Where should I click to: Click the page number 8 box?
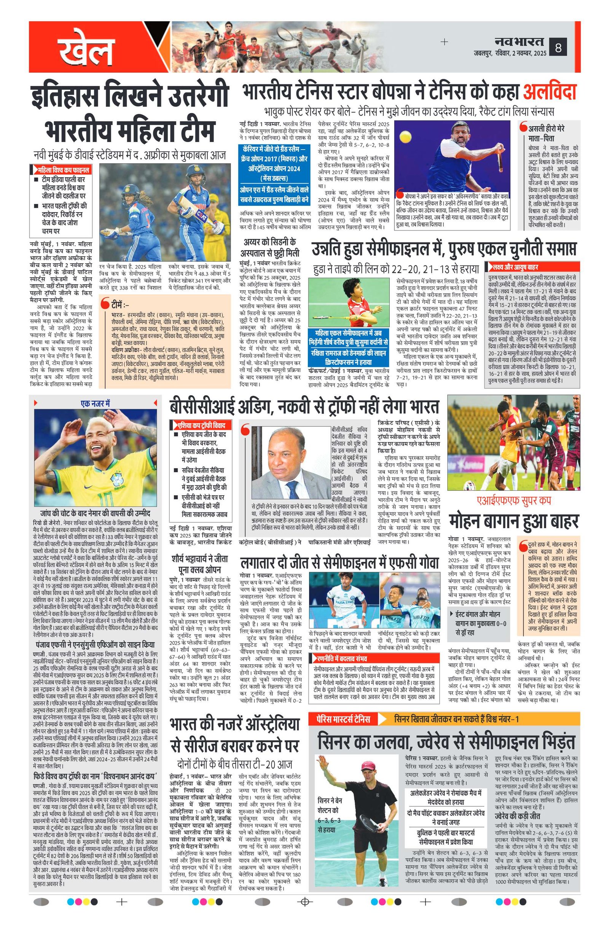558,48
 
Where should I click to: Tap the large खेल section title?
85,49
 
